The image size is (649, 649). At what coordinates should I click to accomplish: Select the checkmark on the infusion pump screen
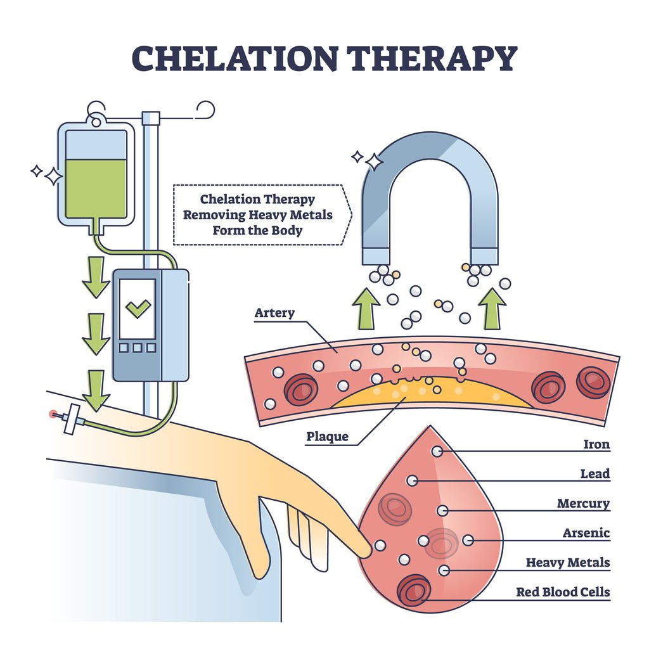tap(138, 309)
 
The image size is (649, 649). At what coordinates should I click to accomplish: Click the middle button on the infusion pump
tap(138, 347)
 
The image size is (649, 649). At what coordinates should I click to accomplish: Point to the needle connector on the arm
tap(71, 418)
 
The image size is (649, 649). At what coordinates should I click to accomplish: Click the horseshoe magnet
tap(429, 190)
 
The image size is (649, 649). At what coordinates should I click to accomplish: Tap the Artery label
tap(274, 313)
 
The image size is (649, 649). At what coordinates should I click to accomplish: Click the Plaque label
tap(327, 437)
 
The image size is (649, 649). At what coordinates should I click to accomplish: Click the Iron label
tap(596, 444)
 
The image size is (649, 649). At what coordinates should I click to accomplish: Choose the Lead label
tap(595, 473)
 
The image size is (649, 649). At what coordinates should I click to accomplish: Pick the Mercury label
tap(583, 504)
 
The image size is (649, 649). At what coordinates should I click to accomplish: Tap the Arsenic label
tap(586, 533)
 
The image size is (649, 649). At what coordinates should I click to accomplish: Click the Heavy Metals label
tap(568, 562)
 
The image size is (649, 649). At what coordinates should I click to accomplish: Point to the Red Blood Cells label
tap(562, 592)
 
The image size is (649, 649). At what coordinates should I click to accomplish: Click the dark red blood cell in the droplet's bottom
tap(414, 590)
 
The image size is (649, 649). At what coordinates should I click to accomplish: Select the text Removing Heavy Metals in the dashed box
tap(257, 215)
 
